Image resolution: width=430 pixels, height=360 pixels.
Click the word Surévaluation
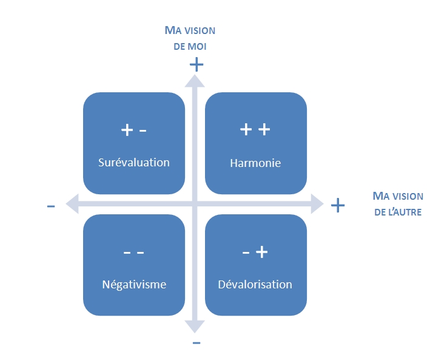pyautogui.click(x=134, y=163)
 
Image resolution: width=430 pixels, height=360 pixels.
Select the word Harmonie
pyautogui.click(x=255, y=163)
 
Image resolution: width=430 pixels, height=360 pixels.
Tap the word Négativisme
pyautogui.click(x=134, y=284)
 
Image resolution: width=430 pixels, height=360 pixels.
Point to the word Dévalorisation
pyautogui.click(x=255, y=284)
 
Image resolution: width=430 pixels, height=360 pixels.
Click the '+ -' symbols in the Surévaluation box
pyautogui.click(x=134, y=130)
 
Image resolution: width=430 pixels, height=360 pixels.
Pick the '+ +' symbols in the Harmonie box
pyautogui.click(x=255, y=130)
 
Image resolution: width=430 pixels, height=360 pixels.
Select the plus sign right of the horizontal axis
pyautogui.click(x=338, y=206)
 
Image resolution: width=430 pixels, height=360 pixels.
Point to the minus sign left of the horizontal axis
pyautogui.click(x=51, y=206)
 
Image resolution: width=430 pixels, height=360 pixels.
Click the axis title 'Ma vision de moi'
pyautogui.click(x=190, y=38)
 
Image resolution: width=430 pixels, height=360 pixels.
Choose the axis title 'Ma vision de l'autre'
pyautogui.click(x=398, y=204)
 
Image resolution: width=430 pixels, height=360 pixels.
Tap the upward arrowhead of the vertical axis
pyautogui.click(x=195, y=80)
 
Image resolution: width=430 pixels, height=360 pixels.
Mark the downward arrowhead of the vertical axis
pyautogui.click(x=195, y=326)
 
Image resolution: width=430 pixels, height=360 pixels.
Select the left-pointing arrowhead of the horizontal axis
pyautogui.click(x=72, y=203)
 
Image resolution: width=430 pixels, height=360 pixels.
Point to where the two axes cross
pyautogui.click(x=195, y=203)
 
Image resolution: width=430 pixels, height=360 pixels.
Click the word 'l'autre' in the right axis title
pyautogui.click(x=406, y=212)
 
